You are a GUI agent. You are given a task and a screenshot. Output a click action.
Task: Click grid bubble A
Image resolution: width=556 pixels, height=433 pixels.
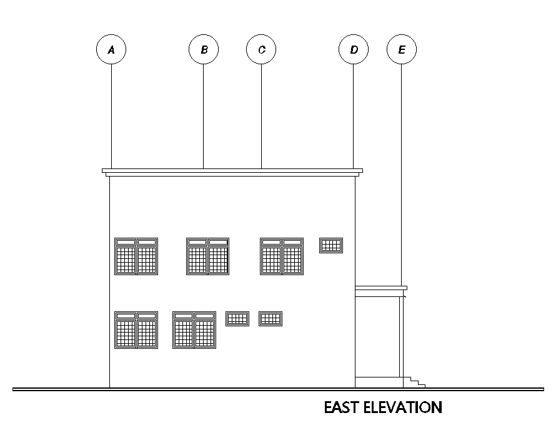click(x=111, y=49)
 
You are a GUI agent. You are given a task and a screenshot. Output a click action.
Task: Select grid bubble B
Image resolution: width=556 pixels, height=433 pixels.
click(x=204, y=49)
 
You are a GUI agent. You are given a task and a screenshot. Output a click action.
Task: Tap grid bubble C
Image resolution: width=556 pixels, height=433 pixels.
click(x=262, y=49)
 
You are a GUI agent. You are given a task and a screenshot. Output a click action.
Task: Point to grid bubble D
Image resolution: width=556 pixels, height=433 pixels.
click(x=354, y=49)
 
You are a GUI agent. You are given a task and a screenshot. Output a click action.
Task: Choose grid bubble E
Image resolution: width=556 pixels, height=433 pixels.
click(x=402, y=49)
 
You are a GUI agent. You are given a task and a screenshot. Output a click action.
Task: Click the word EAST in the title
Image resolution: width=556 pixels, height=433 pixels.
click(x=341, y=407)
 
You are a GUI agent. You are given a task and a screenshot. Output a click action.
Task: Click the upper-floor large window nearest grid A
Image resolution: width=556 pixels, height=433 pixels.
click(x=136, y=256)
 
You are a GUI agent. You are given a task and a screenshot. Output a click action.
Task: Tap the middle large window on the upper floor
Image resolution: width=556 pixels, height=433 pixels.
click(x=208, y=256)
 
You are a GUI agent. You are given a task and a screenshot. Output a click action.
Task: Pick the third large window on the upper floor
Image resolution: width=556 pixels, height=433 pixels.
click(x=282, y=256)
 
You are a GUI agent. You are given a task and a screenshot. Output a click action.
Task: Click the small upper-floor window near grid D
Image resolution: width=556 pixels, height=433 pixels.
click(x=331, y=245)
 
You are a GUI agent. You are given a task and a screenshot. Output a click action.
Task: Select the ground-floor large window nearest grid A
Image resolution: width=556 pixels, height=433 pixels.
click(x=136, y=330)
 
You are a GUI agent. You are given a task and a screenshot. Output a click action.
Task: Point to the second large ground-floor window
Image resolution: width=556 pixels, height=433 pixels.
click(x=194, y=330)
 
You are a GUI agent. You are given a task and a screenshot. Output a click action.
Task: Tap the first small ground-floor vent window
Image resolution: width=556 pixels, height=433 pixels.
click(x=237, y=319)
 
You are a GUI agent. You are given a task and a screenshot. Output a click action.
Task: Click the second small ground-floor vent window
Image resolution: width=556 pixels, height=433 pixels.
click(x=271, y=319)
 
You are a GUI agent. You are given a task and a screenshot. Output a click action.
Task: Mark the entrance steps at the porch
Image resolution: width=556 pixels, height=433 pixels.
click(x=414, y=382)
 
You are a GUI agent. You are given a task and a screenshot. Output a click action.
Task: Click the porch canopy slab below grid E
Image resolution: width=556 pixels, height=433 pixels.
click(x=381, y=288)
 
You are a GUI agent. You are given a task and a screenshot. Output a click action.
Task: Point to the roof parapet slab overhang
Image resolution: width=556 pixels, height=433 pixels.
click(x=232, y=170)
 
